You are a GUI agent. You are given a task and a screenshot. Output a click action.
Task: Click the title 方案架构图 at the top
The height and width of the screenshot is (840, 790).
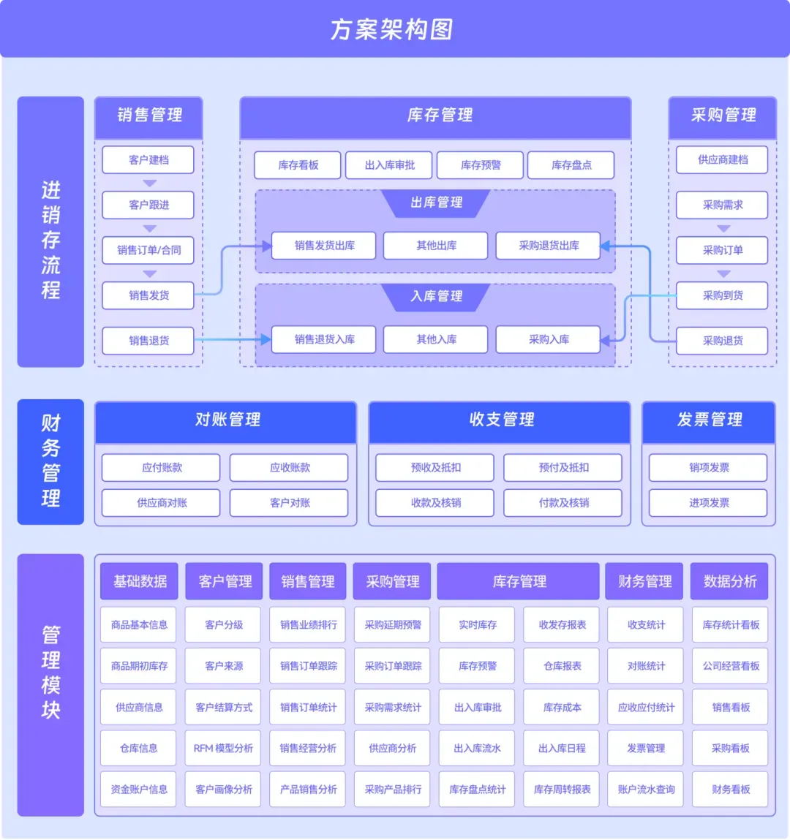(392, 29)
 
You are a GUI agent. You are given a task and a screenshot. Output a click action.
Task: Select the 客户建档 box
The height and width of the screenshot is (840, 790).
(148, 160)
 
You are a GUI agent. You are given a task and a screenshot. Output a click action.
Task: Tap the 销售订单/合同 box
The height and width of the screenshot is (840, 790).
(148, 250)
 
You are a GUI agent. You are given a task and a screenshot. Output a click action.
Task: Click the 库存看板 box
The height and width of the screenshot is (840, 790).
(298, 165)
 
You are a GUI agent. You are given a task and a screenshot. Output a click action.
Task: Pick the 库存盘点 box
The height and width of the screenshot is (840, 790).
(571, 165)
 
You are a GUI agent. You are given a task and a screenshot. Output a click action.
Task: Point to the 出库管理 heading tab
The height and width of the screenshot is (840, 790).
(437, 203)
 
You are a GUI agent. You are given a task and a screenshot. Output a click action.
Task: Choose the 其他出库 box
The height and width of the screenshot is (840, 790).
(436, 246)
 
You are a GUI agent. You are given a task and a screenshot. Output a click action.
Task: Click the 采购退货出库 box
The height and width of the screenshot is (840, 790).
(549, 246)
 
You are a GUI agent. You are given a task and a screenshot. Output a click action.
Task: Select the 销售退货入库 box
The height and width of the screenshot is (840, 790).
(324, 339)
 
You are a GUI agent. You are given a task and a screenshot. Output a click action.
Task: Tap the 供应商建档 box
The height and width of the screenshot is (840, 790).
(722, 160)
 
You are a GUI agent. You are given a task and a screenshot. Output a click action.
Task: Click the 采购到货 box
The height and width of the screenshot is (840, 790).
(722, 295)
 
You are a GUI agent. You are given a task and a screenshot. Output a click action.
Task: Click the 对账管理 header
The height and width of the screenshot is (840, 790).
(227, 420)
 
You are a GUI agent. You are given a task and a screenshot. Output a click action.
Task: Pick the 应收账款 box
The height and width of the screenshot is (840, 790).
(290, 468)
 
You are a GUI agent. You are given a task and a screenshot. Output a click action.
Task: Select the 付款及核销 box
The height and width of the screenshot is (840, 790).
(563, 503)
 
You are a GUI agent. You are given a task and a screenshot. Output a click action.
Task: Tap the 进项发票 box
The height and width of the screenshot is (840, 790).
(708, 503)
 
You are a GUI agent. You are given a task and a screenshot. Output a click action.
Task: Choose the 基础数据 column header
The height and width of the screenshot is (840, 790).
(140, 581)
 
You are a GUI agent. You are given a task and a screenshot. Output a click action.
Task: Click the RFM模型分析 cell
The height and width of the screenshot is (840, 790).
(223, 748)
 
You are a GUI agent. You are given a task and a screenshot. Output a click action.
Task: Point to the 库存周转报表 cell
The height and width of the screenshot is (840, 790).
(562, 790)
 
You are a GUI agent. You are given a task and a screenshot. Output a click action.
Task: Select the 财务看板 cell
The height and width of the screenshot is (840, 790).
(730, 790)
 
